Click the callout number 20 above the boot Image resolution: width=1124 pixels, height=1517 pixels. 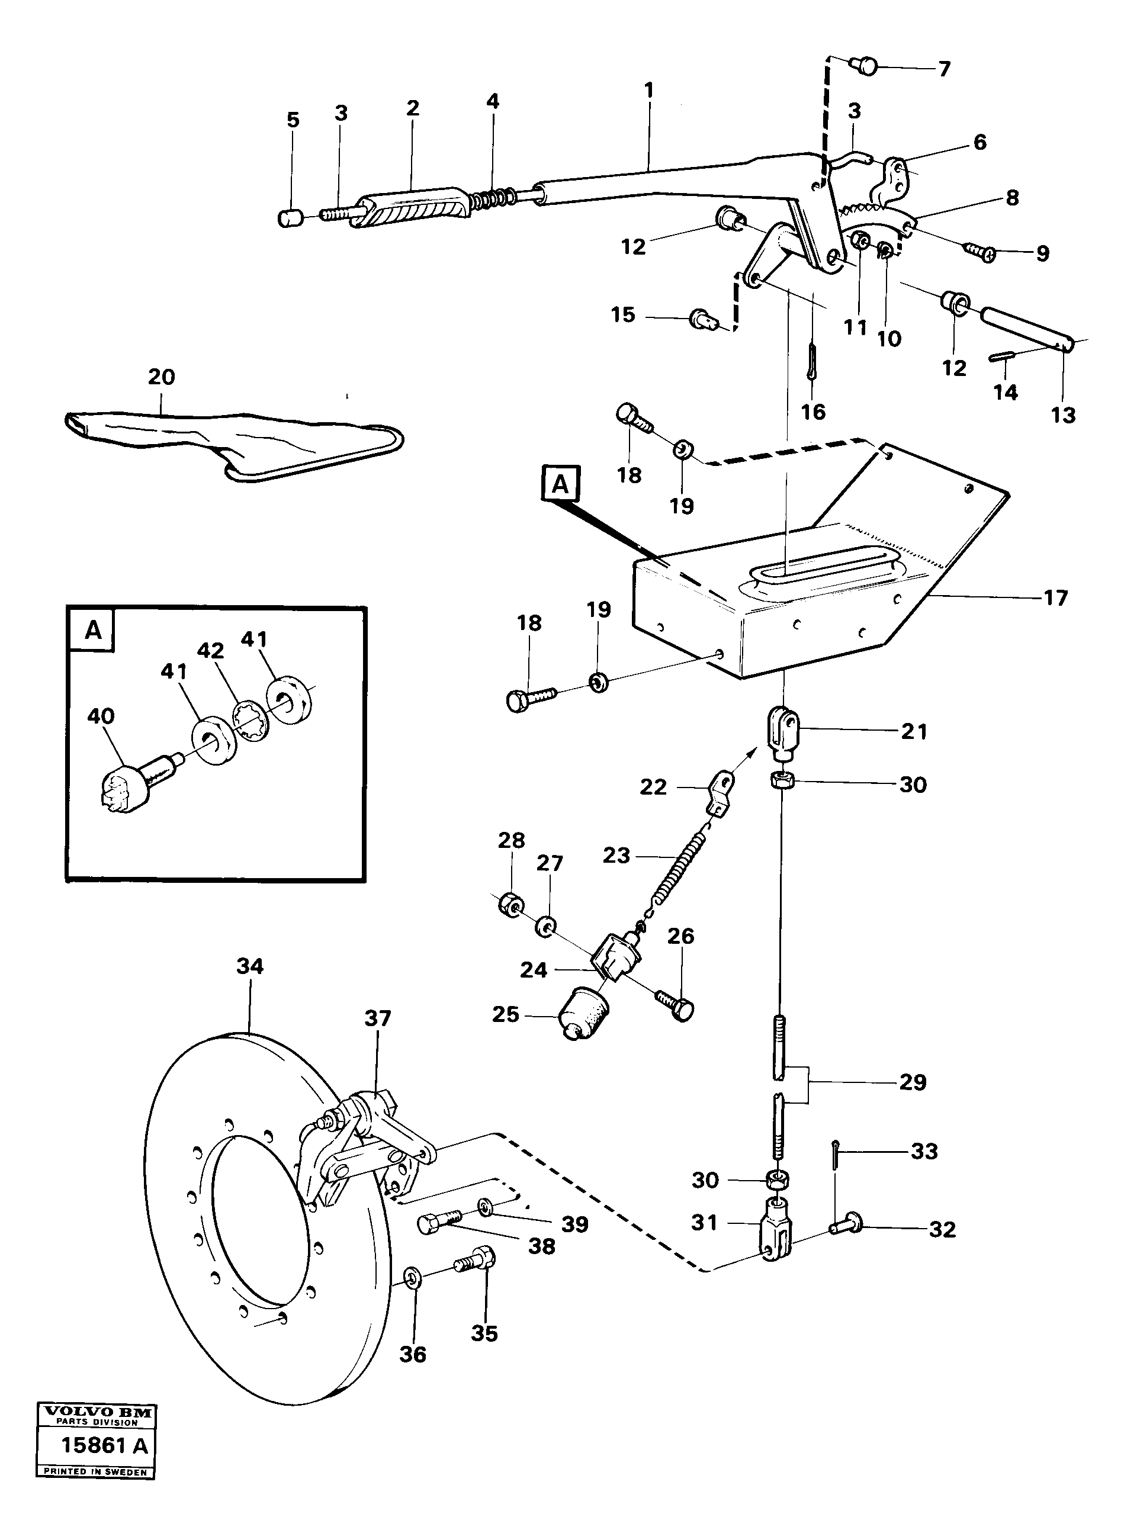pyautogui.click(x=161, y=377)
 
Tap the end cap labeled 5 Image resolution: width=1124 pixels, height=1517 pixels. pyautogui.click(x=291, y=218)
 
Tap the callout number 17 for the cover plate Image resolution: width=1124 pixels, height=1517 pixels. pyautogui.click(x=1055, y=598)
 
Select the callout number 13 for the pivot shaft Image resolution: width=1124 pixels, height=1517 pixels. pyautogui.click(x=1063, y=415)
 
